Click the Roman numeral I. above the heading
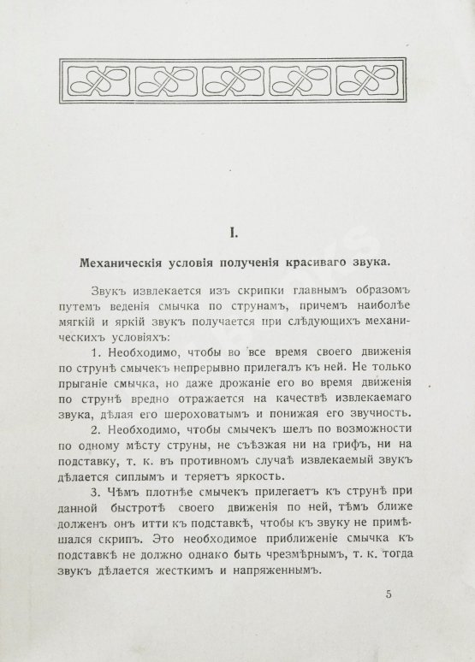tap(237, 232)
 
